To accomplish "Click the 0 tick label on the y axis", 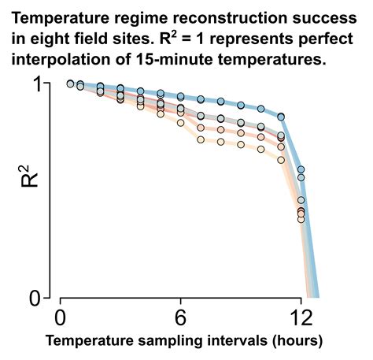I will (35, 299).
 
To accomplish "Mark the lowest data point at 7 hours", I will (201, 139).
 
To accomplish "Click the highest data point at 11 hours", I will (281, 117).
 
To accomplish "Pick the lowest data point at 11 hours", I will (281, 160).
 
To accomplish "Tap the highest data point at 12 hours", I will (301, 169).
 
